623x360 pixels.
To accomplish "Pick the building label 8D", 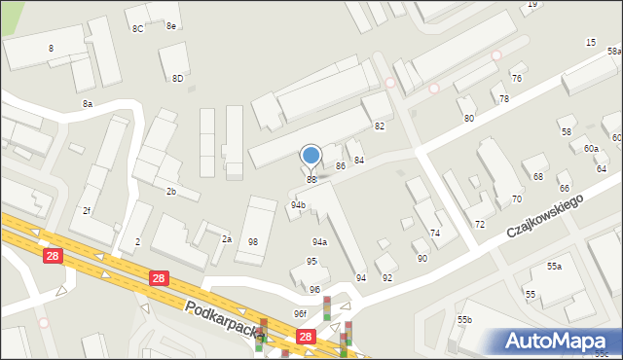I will point(177,78).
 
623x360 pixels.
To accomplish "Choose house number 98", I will point(253,241).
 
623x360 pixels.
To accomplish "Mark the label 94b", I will point(298,205).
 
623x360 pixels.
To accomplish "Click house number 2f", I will point(86,210).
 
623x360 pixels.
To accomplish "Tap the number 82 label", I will point(380,126).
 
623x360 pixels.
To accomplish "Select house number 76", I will point(517,78).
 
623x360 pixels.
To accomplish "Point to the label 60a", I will point(591,148).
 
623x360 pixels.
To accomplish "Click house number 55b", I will point(465,320).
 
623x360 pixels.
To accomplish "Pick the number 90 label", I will point(421,258).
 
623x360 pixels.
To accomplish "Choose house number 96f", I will point(301,313).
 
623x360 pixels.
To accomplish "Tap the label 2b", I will point(170,192).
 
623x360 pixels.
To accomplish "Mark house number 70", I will point(517,198).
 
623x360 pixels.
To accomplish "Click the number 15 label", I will point(591,42).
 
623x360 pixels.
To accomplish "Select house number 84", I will point(358,160).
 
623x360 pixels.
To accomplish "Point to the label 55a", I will point(553,266).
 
